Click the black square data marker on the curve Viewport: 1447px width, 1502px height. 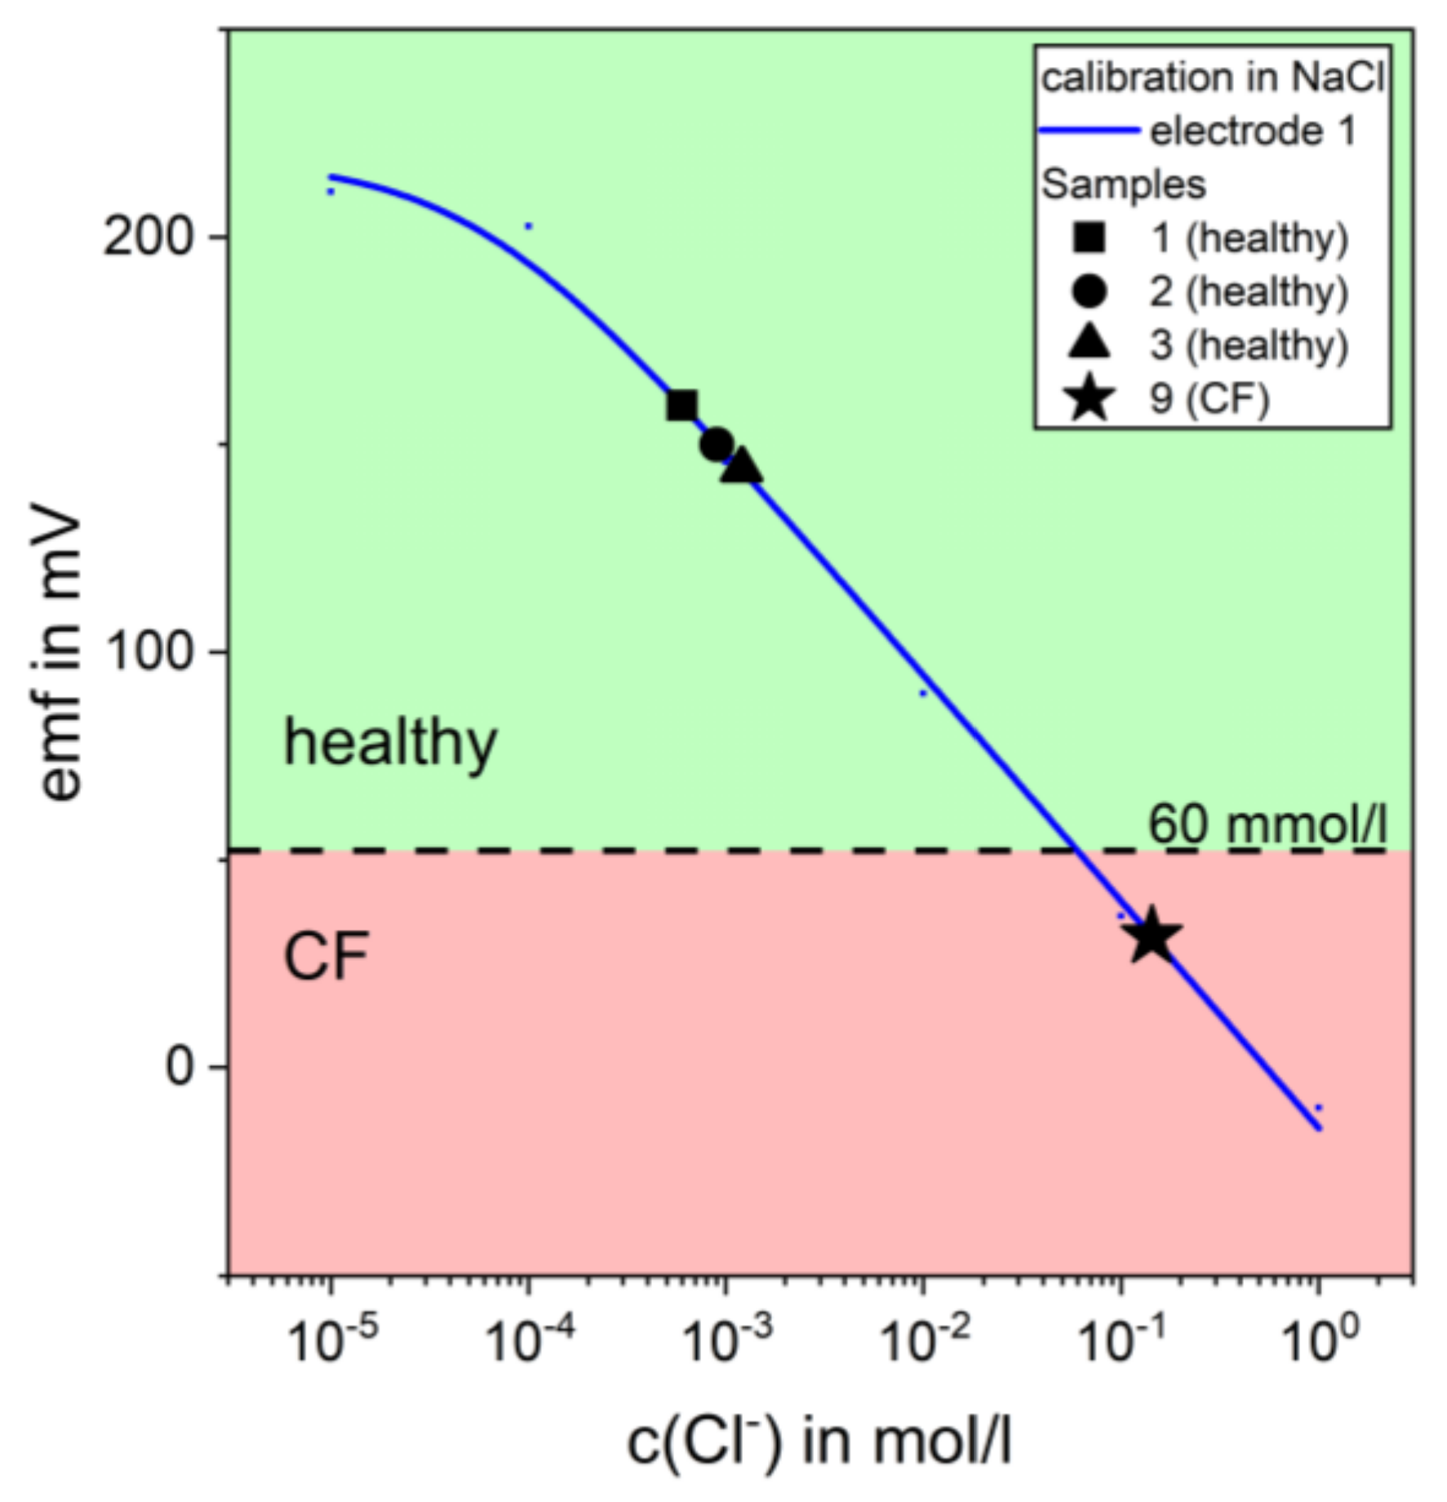click(681, 406)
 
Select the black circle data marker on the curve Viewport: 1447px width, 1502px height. click(717, 444)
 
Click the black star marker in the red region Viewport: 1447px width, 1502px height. click(1152, 936)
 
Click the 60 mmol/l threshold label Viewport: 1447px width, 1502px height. click(1267, 824)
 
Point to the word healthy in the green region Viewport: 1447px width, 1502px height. click(389, 743)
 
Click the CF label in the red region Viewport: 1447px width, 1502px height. click(326, 957)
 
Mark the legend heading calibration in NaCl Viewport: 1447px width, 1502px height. click(1213, 78)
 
